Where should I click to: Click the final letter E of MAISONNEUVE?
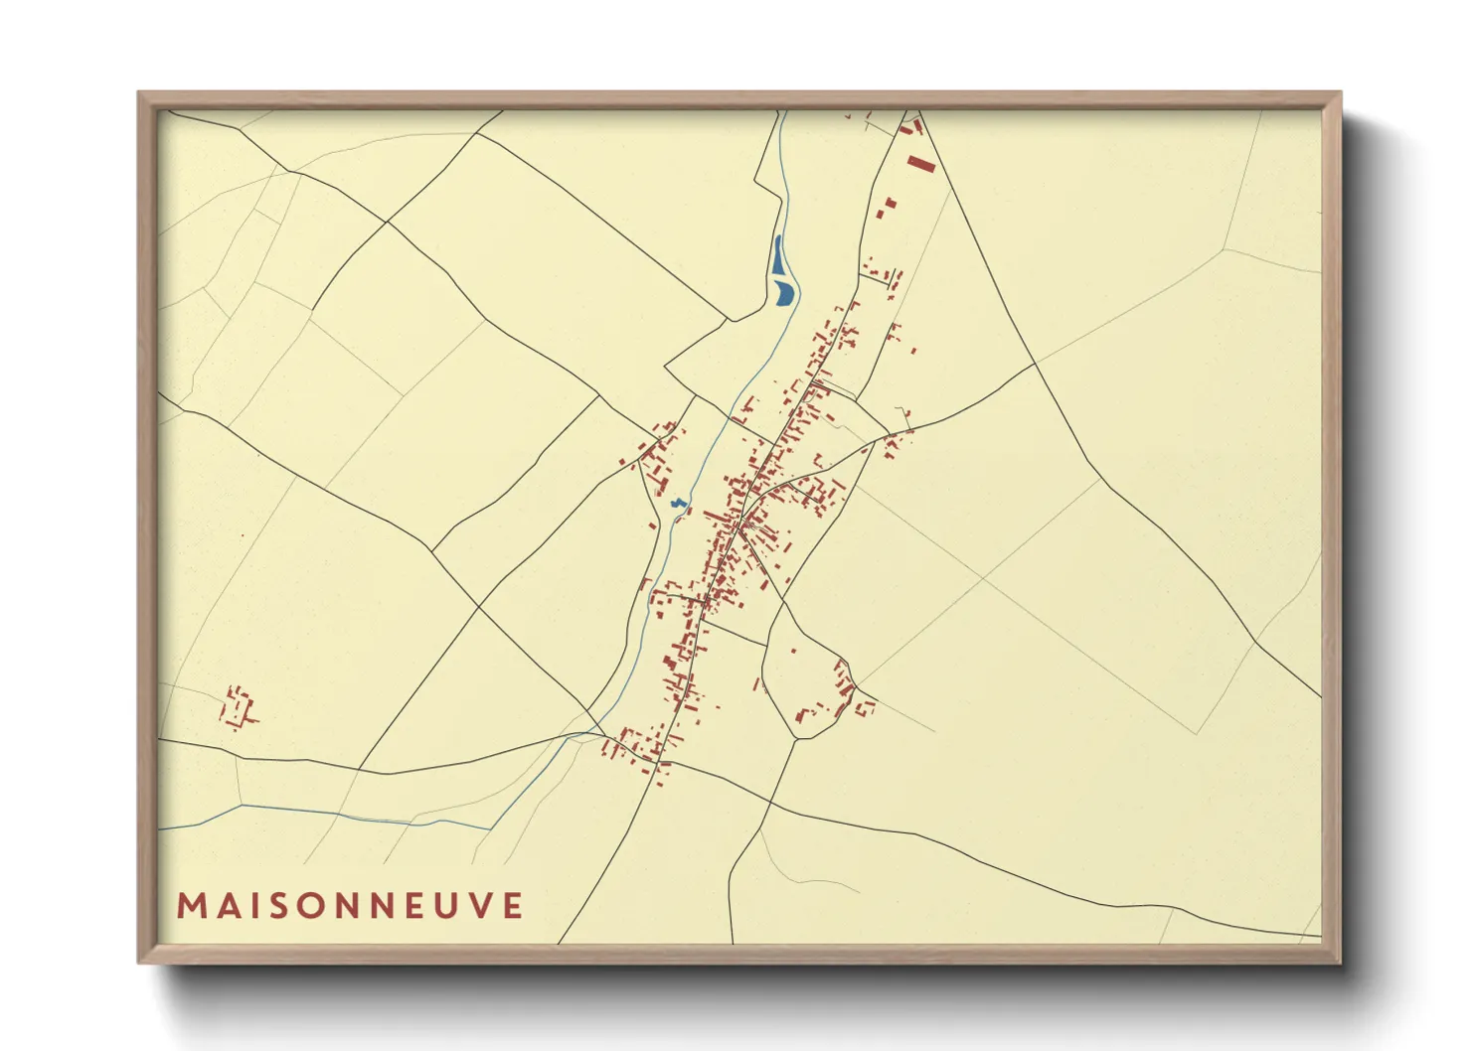click(x=513, y=906)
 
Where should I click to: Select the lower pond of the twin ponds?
click(x=785, y=292)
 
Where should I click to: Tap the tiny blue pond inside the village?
click(x=679, y=505)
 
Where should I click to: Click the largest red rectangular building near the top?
click(x=921, y=164)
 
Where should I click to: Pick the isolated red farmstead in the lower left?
click(x=238, y=706)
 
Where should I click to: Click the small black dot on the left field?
click(x=242, y=536)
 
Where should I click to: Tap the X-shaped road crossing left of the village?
click(x=479, y=606)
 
